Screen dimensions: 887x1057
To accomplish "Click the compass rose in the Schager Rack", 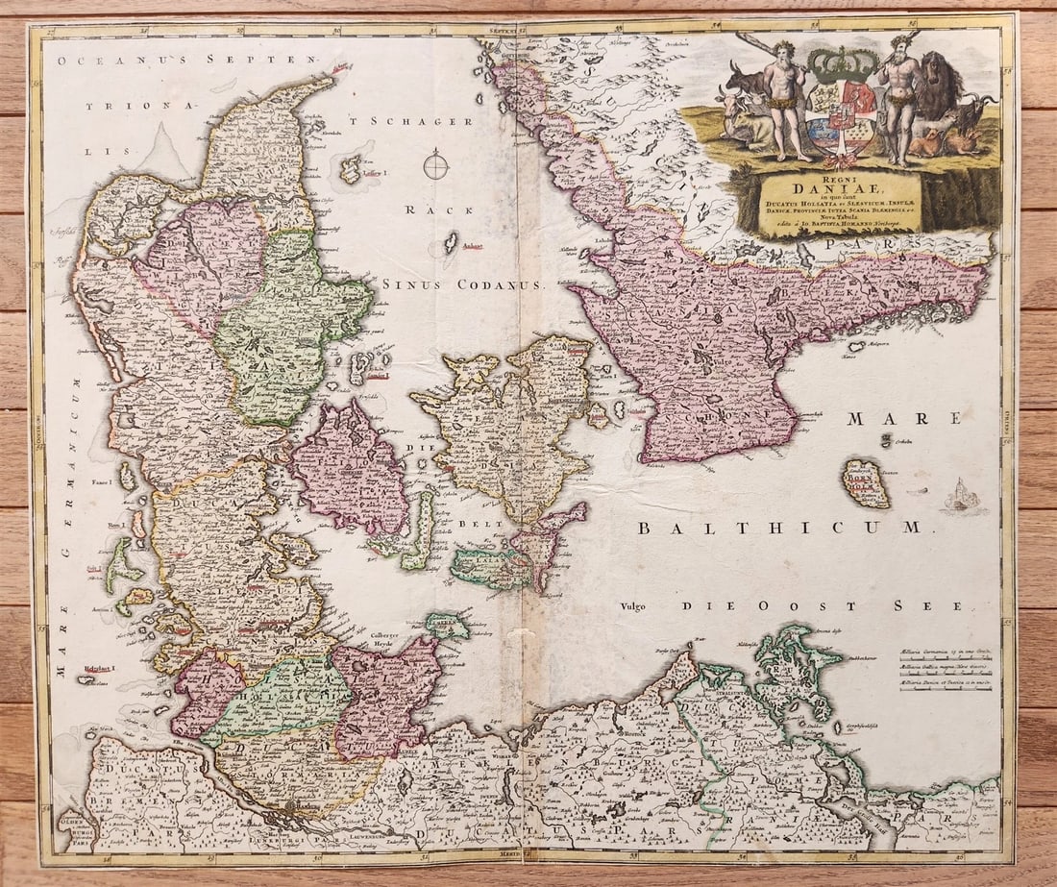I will click(436, 164).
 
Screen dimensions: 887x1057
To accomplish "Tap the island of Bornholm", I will click(865, 483).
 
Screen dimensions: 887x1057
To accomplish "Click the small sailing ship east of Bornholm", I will click(961, 497).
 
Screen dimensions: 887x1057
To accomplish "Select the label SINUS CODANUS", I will click(462, 284).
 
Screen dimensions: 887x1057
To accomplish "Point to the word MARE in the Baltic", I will click(904, 418).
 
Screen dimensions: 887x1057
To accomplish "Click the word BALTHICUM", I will click(779, 527).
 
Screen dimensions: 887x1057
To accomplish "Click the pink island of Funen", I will click(350, 469).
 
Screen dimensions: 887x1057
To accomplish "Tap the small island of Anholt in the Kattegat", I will click(451, 242).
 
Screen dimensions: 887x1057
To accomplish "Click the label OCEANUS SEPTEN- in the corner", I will click(186, 61).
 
